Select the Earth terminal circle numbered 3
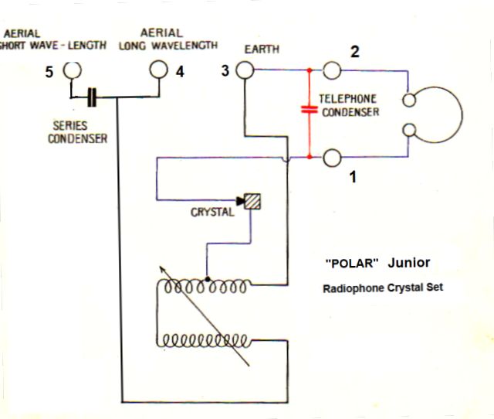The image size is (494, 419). (x=245, y=70)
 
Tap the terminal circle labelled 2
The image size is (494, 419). (x=332, y=70)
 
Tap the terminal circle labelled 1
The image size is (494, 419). (x=332, y=158)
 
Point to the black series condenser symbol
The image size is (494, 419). (x=92, y=97)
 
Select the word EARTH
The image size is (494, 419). (x=262, y=50)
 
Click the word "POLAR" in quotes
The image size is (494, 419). (x=352, y=263)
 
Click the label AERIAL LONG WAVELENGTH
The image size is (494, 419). (x=168, y=39)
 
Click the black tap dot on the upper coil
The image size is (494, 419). (x=208, y=280)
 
